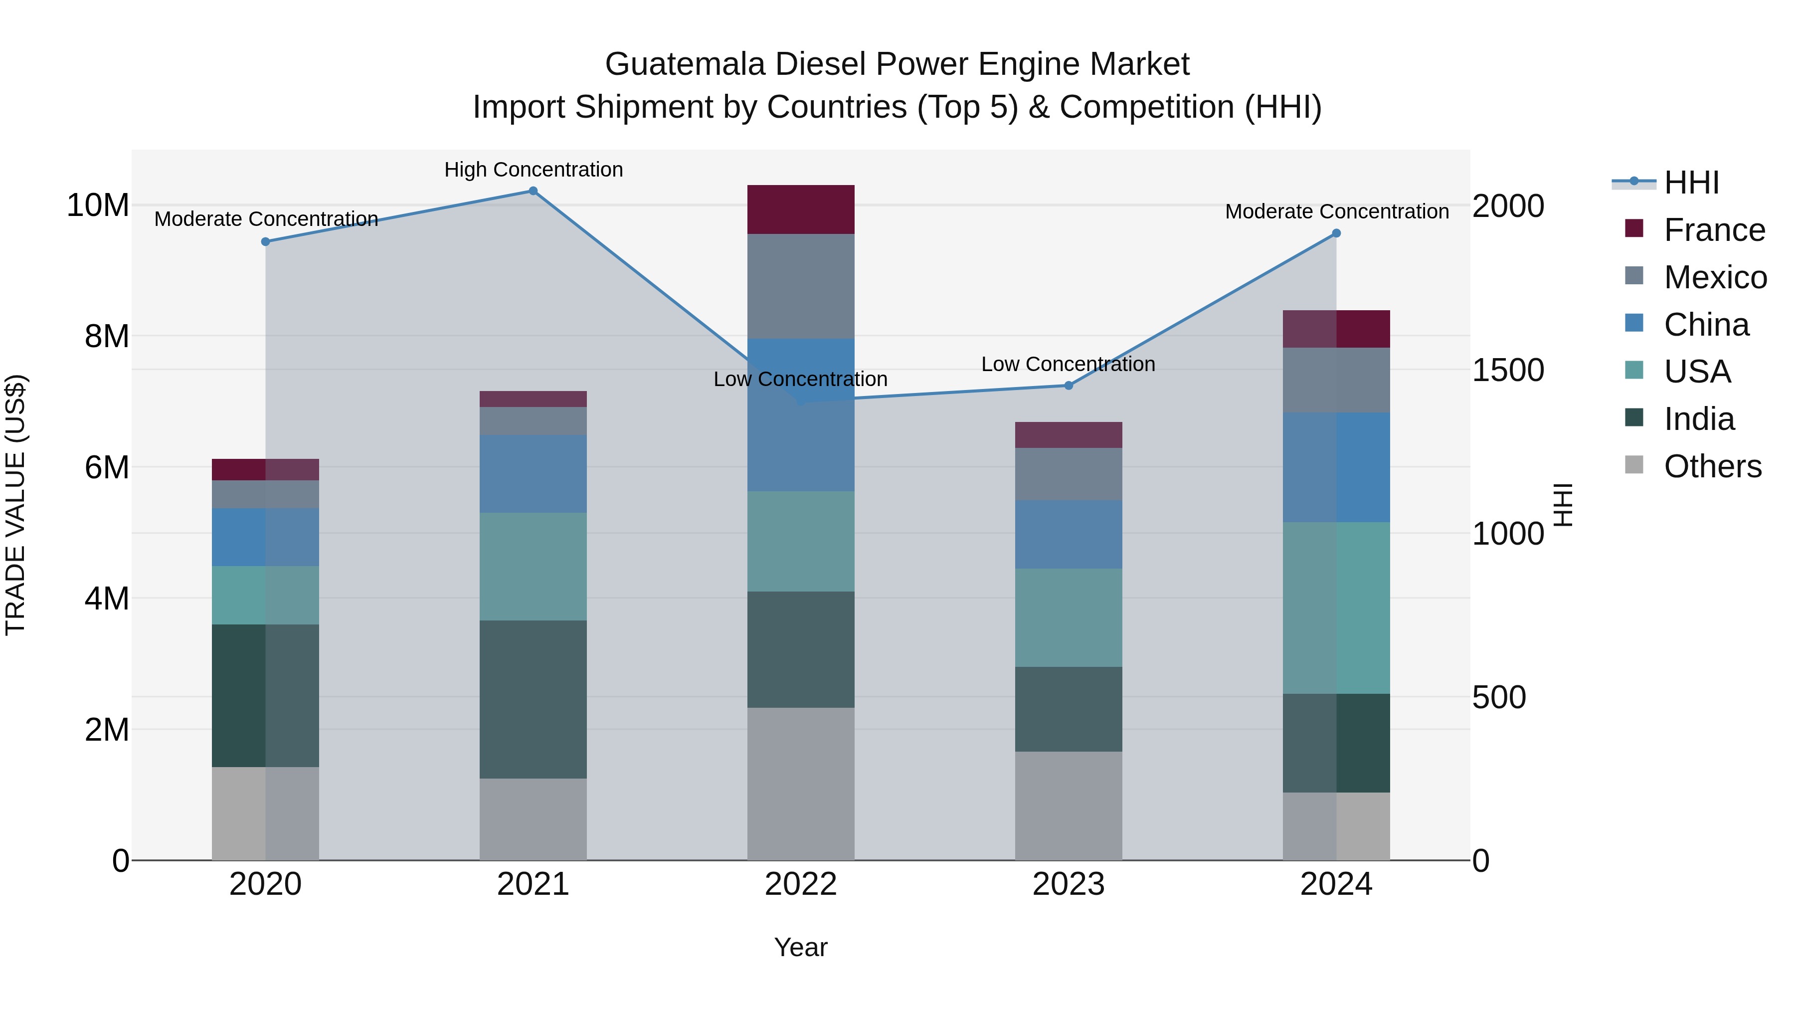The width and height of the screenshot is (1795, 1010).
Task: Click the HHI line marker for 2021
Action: point(533,191)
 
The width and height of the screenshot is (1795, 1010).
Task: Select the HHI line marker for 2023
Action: point(1068,386)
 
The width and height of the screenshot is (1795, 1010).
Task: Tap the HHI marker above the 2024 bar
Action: point(1336,233)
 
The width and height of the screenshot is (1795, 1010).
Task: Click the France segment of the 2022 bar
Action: point(801,209)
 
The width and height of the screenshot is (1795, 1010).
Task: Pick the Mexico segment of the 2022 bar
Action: point(801,286)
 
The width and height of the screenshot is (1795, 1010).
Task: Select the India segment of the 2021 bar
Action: point(533,699)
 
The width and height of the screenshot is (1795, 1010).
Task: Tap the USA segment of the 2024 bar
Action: point(1336,608)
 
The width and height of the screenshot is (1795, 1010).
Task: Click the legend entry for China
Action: point(1706,325)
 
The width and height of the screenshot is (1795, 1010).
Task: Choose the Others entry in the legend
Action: point(1712,466)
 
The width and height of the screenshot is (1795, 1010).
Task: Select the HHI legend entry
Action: point(1691,183)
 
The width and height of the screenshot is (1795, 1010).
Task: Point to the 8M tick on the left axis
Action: point(107,337)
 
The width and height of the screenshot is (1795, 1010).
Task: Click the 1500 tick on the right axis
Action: point(1508,370)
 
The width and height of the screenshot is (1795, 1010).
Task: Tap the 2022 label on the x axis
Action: point(801,884)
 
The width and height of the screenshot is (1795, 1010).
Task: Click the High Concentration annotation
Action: point(533,170)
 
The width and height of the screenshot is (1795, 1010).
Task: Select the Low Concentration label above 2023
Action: point(1068,364)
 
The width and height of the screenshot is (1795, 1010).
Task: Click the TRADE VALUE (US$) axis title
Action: point(15,505)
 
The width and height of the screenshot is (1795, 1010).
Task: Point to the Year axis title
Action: point(801,947)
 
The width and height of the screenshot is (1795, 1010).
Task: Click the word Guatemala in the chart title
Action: point(685,64)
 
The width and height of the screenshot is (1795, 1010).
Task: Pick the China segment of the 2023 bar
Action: point(1068,534)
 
